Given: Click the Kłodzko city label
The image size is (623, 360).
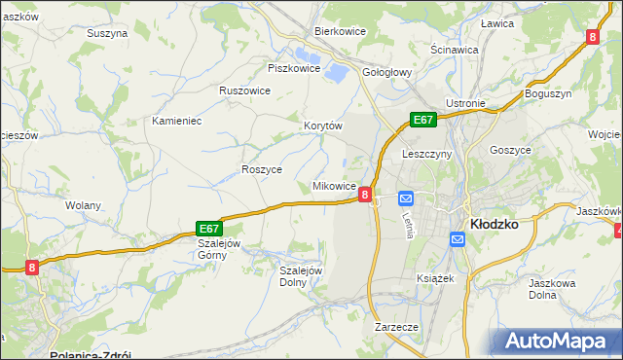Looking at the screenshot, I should point(494,223).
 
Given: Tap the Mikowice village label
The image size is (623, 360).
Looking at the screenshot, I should point(333,186).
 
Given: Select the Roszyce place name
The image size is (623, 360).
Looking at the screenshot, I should point(261,168).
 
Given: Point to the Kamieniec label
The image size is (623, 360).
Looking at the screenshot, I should point(176,122).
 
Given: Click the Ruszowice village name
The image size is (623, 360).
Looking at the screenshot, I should point(244,90).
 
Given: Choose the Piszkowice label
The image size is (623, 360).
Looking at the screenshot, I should point(294,68).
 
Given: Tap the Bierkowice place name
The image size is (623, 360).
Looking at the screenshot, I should point(339,31).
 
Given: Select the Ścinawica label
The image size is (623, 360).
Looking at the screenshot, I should point(455,49).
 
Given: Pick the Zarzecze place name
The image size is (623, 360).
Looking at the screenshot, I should point(396,328).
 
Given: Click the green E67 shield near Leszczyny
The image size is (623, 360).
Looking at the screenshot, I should point(421,120).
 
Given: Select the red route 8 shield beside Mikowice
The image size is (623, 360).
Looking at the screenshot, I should point(364,195).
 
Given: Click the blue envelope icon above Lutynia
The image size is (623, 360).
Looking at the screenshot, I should point(406,198).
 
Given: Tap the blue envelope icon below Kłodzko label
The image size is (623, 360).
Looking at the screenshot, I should point(458,238).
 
